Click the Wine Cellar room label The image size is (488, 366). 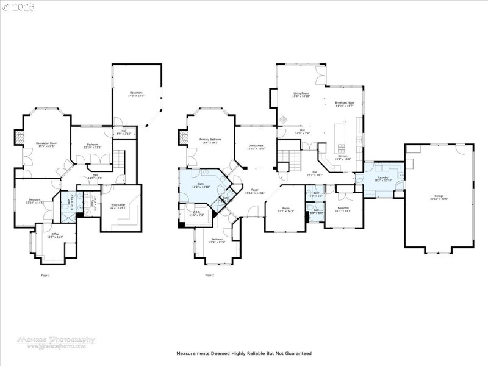tap(118, 206)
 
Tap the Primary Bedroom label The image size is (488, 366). tap(210, 140)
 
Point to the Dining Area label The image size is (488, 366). tap(256, 146)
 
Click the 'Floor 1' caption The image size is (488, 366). tap(45, 276)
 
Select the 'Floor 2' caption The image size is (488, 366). tap(210, 276)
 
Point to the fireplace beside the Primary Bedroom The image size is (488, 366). tap(182, 137)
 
